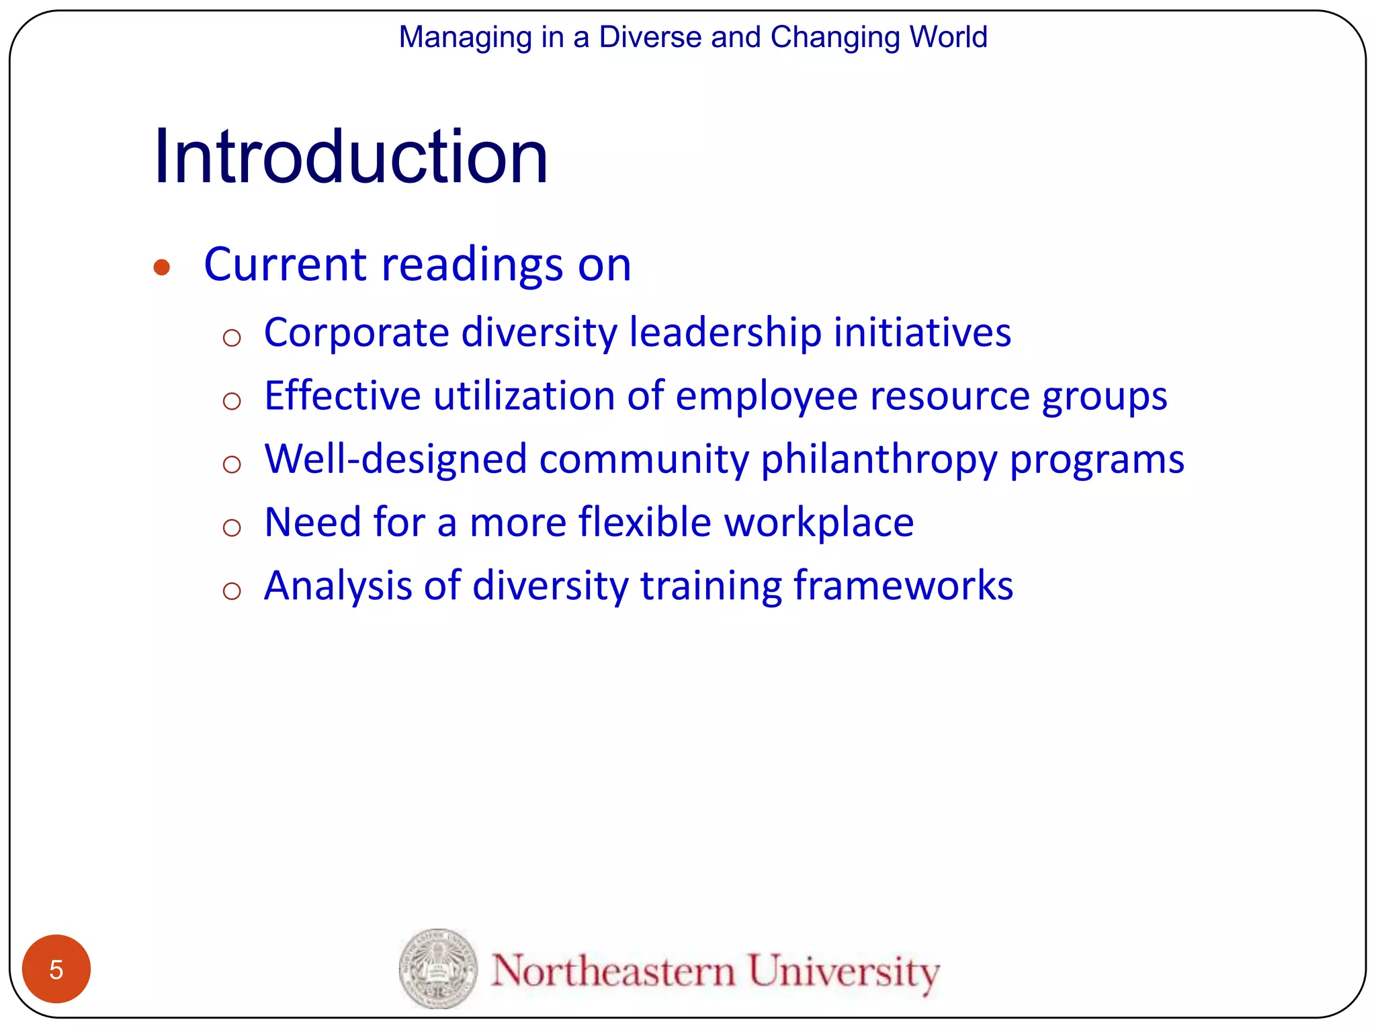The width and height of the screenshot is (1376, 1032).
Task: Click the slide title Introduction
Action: click(351, 157)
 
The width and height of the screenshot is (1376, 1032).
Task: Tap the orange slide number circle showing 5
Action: click(56, 969)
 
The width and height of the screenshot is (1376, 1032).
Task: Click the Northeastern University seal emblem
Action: click(438, 969)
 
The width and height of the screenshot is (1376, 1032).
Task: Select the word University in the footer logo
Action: click(843, 972)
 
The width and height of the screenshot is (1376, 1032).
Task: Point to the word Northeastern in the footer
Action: click(613, 972)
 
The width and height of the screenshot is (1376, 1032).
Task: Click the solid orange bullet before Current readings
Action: click(161, 267)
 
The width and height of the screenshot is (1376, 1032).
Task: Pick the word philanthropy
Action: click(879, 460)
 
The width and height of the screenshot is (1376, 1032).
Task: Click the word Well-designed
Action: click(396, 460)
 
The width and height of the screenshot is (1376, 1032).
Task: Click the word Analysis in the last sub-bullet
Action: click(337, 587)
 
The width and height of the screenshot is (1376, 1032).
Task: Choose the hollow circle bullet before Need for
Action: click(232, 527)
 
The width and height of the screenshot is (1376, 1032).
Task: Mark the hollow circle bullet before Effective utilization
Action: click(232, 401)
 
